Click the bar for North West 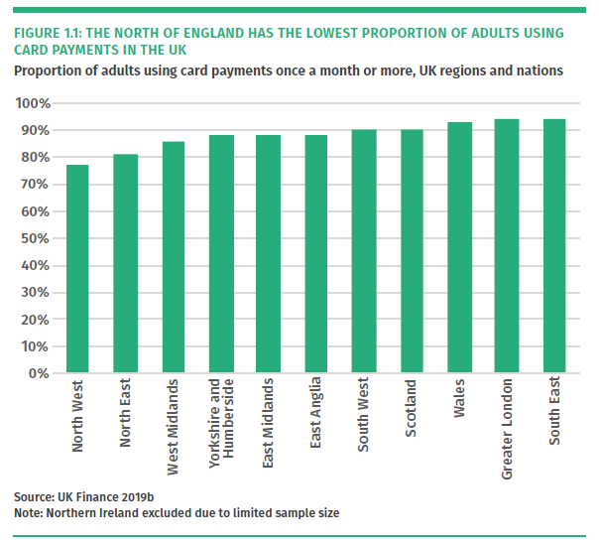pos(77,269)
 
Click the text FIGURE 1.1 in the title pos(50,33)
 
